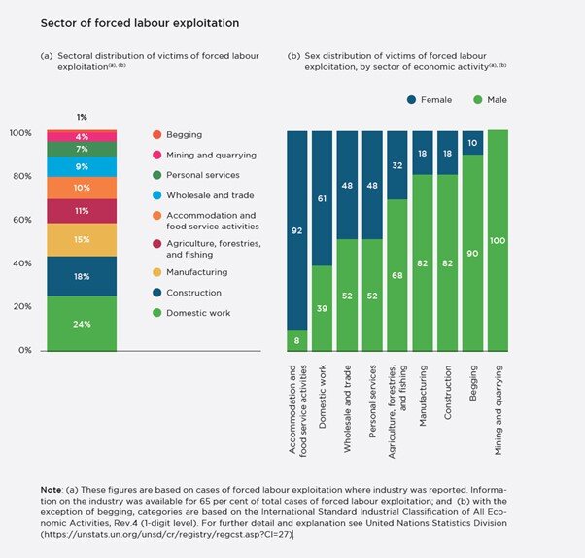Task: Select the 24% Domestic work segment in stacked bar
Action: tap(82, 324)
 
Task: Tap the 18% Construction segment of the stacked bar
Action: tap(82, 276)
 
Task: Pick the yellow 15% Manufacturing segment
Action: tap(82, 239)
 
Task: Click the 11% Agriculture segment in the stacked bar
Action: tap(82, 210)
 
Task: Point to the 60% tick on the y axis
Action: tap(19, 220)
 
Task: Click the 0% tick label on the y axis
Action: tap(22, 350)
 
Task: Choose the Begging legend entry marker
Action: tap(157, 134)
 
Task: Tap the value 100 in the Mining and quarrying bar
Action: tap(497, 241)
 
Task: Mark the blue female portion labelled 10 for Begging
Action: tap(472, 143)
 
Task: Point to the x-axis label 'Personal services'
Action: tap(372, 408)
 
